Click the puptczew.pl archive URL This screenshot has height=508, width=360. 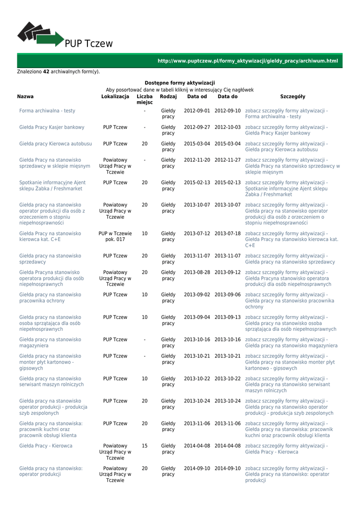[247, 61]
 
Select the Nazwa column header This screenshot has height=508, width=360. [25, 97]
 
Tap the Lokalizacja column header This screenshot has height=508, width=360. [115, 97]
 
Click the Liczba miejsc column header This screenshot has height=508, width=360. [144, 99]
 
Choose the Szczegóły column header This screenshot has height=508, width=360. [292, 97]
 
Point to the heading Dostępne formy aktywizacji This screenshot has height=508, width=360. [180, 83]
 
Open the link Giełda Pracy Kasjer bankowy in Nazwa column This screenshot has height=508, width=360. [52, 127]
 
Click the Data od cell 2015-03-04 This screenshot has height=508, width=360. [197, 144]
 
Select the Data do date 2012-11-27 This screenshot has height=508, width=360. [227, 160]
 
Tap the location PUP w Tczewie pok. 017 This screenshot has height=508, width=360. [115, 236]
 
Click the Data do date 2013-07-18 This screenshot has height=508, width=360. [227, 233]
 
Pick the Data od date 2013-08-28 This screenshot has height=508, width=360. [197, 272]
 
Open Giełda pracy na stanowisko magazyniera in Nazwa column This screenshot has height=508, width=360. [50, 342]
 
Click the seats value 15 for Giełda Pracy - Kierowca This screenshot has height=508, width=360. [144, 446]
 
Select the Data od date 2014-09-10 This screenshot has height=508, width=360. [197, 468]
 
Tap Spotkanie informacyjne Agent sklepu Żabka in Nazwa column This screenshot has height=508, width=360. [52, 186]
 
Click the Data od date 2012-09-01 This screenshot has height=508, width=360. [197, 111]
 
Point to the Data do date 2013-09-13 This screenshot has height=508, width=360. [227, 317]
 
